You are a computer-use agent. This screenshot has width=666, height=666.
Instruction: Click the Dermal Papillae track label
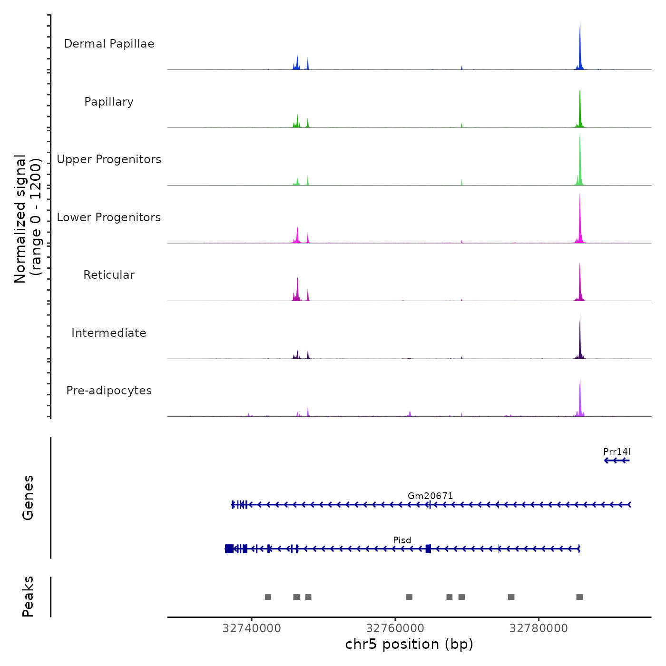tap(109, 44)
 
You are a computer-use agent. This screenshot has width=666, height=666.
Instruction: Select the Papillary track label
tap(109, 102)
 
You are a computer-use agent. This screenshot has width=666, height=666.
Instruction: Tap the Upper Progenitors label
tap(109, 159)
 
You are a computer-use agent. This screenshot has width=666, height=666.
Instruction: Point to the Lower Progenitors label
tap(109, 217)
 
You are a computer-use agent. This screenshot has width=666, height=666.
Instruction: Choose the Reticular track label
tap(109, 275)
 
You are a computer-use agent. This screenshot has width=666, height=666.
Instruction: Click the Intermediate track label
tap(109, 333)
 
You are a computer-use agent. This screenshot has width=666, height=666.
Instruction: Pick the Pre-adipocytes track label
tap(109, 391)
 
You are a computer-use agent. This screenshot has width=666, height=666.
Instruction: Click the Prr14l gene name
tap(617, 451)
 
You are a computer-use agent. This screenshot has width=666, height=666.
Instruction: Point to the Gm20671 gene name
tap(431, 496)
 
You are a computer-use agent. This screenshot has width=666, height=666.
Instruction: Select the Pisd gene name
tap(402, 540)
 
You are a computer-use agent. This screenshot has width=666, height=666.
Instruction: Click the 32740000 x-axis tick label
tap(252, 628)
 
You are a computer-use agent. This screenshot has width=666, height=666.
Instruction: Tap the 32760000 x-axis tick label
tap(395, 628)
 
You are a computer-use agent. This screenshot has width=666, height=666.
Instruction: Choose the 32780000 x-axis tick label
tap(539, 628)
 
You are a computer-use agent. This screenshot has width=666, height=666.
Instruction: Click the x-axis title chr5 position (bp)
tap(409, 644)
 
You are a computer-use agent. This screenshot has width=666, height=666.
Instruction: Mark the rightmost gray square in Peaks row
tap(579, 597)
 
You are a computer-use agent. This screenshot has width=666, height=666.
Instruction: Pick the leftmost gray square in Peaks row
tap(268, 597)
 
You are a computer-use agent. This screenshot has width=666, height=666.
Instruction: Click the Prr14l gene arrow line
tap(617, 460)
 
